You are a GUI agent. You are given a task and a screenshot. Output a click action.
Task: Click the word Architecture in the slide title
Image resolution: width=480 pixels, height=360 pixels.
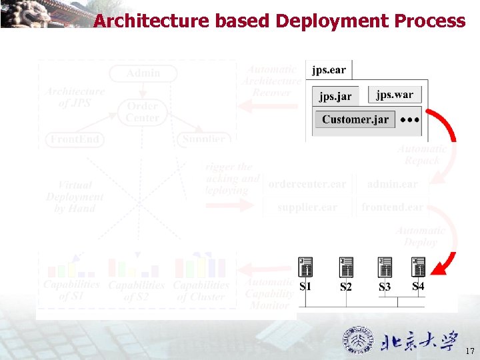point(151,21)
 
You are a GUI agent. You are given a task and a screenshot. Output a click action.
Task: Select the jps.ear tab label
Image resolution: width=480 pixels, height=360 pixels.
point(329,70)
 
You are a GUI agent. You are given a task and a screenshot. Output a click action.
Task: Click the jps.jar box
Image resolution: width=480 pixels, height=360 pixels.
point(335,96)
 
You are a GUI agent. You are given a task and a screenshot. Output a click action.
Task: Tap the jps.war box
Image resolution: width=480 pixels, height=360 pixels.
point(394,95)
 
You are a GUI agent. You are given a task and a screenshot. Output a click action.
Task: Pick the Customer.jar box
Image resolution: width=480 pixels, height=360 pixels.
point(355,119)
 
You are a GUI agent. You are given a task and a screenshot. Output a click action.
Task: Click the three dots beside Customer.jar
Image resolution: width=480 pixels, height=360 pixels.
point(410,119)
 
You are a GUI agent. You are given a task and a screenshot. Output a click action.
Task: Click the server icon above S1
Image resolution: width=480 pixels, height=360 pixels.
point(306,267)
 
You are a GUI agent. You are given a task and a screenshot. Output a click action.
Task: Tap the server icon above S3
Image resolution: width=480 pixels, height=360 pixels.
point(385,267)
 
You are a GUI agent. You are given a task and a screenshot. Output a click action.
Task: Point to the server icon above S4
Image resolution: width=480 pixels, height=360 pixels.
point(419,267)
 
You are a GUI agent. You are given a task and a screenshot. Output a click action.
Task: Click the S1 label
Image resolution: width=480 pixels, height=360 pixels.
point(305,287)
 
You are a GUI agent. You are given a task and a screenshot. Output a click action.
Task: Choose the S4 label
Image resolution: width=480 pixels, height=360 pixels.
point(418,286)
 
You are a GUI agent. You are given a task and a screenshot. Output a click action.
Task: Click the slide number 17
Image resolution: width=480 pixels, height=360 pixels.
point(469,351)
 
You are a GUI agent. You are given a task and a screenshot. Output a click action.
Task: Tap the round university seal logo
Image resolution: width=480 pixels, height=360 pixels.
point(359,341)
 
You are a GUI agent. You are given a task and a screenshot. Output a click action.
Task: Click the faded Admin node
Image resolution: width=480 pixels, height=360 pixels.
point(143,73)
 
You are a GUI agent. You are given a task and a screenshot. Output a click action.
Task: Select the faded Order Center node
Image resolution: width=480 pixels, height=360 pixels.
point(143,111)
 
